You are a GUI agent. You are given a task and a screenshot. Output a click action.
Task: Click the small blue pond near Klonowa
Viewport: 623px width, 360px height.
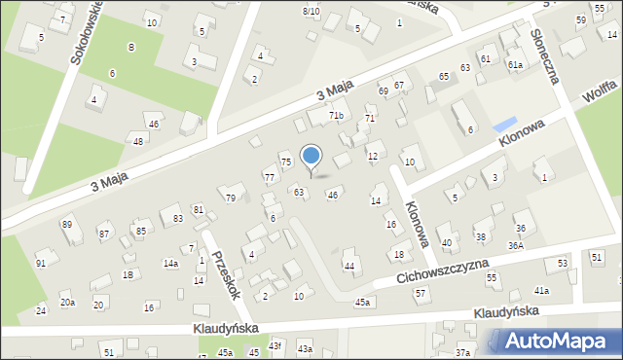[504, 126]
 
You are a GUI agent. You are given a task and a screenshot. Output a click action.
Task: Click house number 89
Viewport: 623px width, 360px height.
[67, 225]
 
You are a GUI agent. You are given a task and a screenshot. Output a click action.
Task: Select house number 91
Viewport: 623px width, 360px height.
[41, 264]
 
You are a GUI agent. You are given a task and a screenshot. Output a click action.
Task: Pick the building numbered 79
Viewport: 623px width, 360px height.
[231, 198]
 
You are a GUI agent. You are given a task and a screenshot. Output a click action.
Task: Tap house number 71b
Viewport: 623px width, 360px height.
[336, 116]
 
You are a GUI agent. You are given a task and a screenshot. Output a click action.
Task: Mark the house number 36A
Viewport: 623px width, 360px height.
[515, 245]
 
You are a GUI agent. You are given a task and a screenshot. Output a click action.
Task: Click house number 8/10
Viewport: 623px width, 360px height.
[311, 11]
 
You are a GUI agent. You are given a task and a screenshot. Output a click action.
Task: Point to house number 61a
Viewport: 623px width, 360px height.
[514, 64]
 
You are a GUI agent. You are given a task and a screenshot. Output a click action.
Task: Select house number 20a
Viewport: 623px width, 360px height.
[67, 303]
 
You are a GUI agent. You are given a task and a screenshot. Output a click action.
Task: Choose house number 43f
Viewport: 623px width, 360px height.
[275, 345]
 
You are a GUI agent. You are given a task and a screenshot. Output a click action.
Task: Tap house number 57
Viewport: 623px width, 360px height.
[421, 293]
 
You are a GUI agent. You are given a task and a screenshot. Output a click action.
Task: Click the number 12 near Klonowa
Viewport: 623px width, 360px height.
[373, 156]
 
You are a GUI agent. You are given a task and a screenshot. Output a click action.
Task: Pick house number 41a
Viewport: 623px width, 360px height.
[541, 291]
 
